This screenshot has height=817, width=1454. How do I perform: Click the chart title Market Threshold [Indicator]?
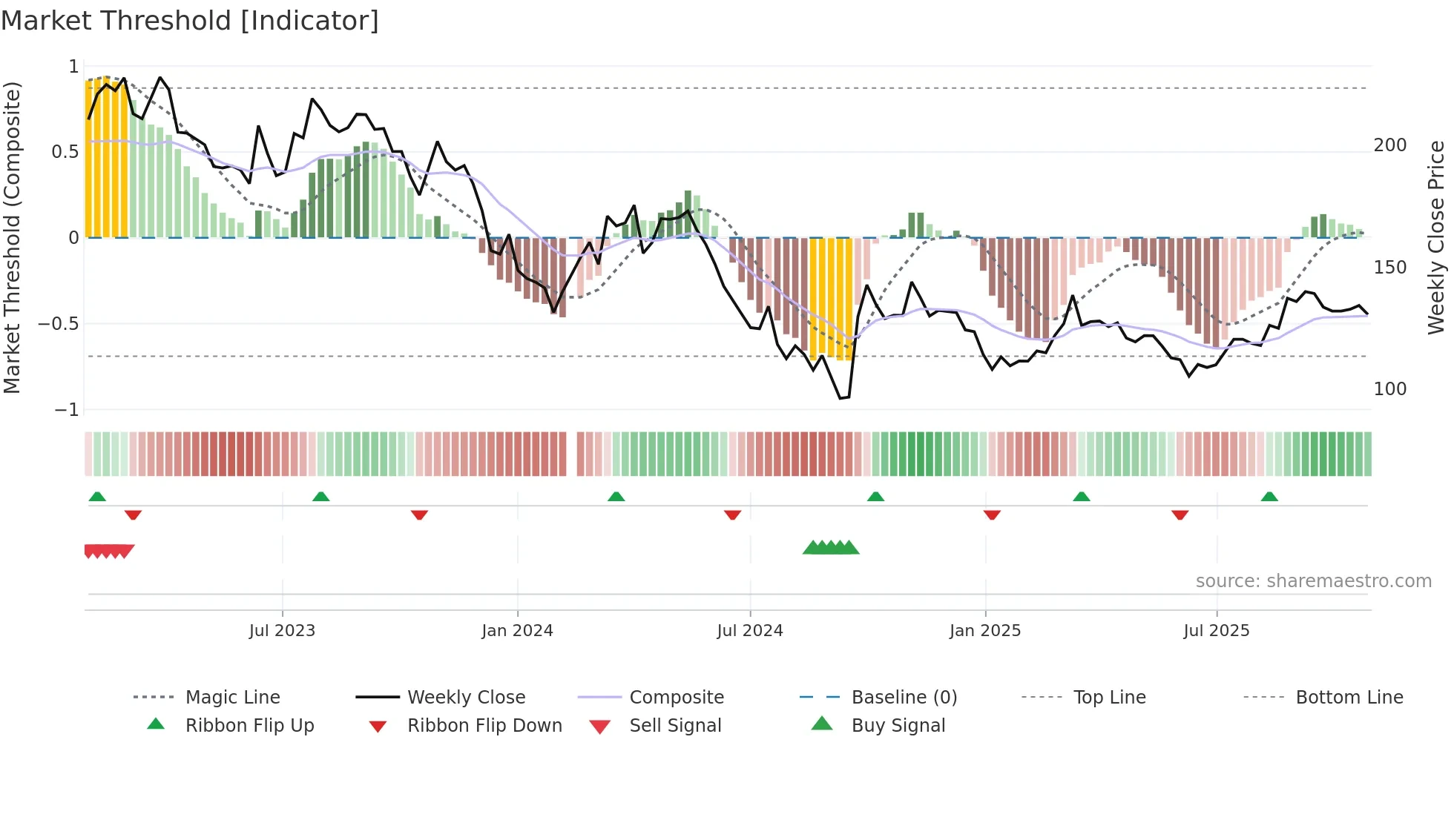(x=190, y=21)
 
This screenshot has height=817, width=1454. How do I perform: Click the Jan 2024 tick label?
(x=517, y=631)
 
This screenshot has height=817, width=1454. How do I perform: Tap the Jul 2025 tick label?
(x=1216, y=631)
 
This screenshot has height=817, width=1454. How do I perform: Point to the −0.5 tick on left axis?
(x=59, y=324)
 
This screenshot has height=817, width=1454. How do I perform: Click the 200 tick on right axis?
(x=1389, y=145)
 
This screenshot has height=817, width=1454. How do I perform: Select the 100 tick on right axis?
(x=1389, y=389)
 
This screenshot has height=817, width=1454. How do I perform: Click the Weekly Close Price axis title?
(x=1436, y=237)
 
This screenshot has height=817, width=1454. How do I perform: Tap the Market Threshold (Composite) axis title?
(x=12, y=237)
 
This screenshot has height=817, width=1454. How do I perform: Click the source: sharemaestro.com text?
(x=1313, y=581)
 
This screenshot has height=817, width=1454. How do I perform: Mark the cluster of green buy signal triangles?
(x=831, y=548)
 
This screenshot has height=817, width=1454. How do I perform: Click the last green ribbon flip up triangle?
(x=1269, y=497)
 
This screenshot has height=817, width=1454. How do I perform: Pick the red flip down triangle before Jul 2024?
(x=732, y=515)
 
